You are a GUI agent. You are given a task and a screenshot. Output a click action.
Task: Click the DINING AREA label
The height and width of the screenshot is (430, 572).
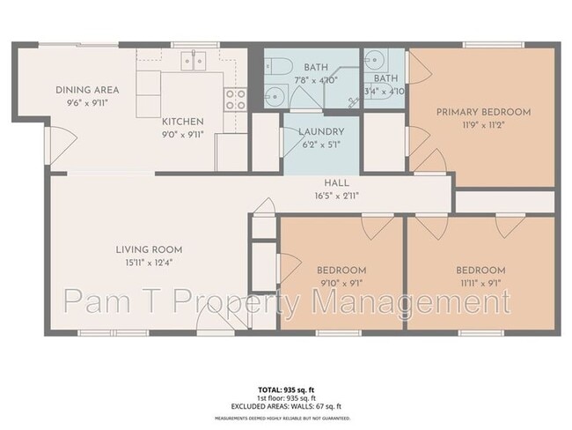[87, 90]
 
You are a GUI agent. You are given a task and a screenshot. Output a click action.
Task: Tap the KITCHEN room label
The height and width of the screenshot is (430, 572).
[182, 121]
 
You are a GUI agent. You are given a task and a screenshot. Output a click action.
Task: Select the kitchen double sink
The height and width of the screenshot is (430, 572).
[194, 61]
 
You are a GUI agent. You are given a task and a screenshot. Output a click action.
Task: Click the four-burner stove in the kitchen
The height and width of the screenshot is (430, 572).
[234, 99]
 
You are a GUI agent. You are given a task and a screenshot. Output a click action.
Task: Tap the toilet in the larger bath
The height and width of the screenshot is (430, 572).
[281, 66]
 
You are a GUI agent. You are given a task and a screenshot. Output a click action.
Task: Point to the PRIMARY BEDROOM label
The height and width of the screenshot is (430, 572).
[485, 112]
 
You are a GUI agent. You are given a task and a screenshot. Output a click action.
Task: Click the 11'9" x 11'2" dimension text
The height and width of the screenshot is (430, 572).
[485, 126]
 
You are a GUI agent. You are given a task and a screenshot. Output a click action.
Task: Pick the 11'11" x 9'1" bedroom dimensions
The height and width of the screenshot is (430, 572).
[480, 284]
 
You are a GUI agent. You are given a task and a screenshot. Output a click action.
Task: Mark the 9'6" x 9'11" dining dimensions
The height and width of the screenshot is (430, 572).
[87, 103]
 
